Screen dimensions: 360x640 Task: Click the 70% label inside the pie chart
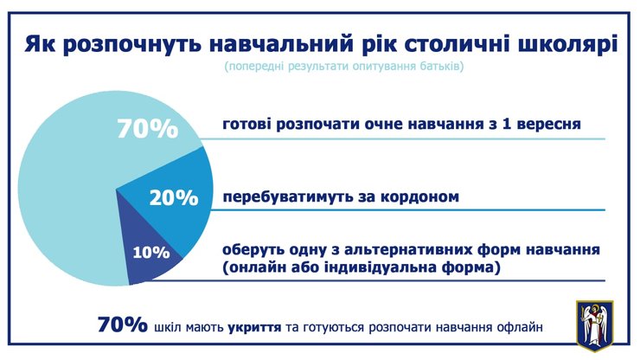pos(147,130)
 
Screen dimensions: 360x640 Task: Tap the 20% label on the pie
pos(174,197)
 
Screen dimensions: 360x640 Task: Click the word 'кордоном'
pos(417,196)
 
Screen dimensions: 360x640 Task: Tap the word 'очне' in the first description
pos(327,125)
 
